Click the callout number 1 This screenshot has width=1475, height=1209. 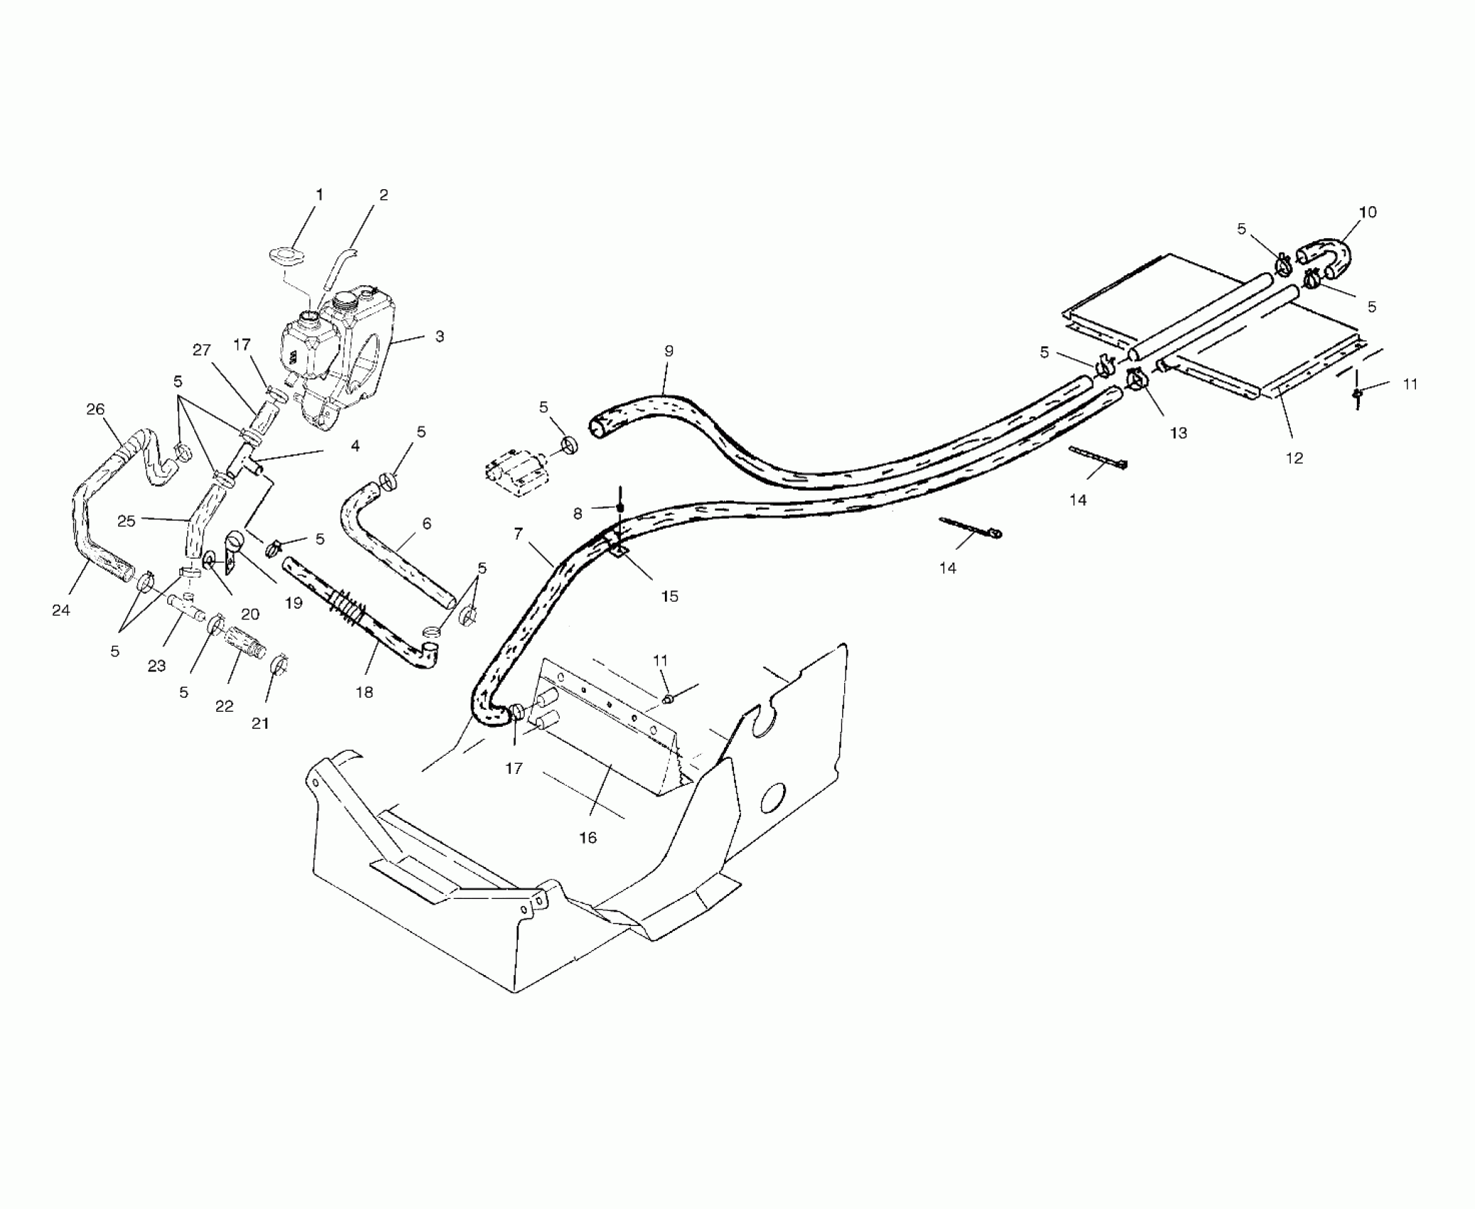[x=319, y=195]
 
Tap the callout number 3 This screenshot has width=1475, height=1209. [x=440, y=336]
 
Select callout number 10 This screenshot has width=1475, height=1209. [x=1367, y=212]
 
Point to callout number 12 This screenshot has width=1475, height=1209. [x=1294, y=458]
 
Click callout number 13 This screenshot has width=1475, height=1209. [x=1178, y=432]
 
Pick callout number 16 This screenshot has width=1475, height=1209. [x=587, y=838]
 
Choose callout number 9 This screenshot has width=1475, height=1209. [x=669, y=351]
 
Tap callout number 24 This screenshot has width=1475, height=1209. [x=61, y=609]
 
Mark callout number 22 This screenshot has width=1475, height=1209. [x=224, y=706]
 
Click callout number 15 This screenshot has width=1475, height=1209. [x=669, y=596]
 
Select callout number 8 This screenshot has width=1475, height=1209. [x=577, y=513]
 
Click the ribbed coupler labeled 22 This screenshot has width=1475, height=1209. [x=245, y=642]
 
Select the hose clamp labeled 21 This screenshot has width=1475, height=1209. [x=279, y=665]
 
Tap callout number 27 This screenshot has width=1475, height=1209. [x=202, y=350]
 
